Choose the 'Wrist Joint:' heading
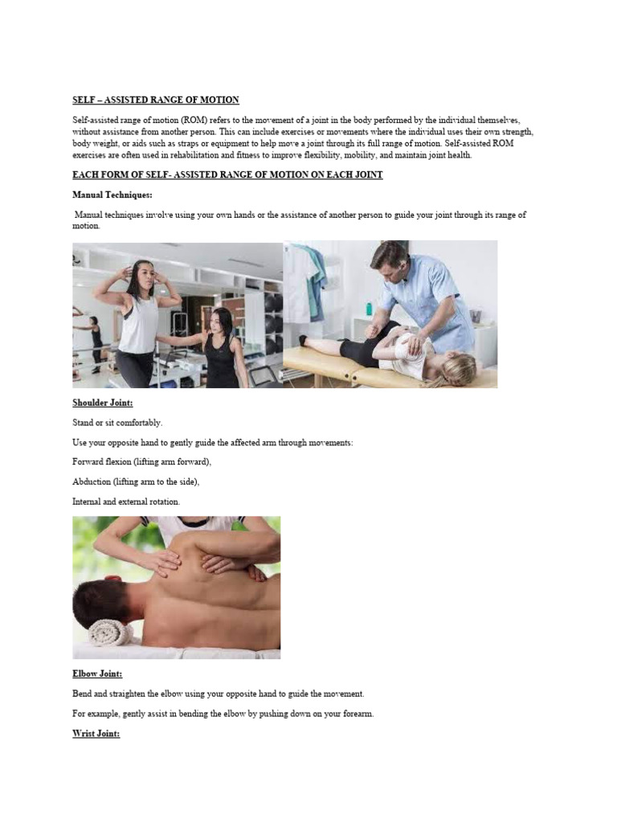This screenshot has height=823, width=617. [96, 733]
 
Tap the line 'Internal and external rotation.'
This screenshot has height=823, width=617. [126, 502]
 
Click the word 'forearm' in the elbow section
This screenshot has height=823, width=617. [355, 713]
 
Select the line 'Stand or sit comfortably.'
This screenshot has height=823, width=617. [116, 422]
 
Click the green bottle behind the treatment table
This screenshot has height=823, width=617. [369, 309]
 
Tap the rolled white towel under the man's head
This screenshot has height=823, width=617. [110, 633]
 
